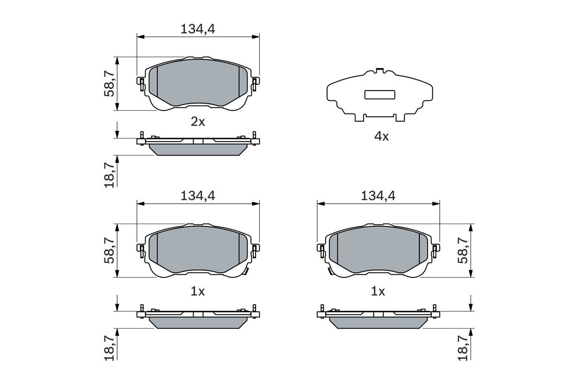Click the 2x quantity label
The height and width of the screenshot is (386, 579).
(x=198, y=122)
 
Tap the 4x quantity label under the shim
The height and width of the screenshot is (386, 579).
(x=381, y=136)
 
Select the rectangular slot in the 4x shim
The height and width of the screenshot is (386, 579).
(x=380, y=95)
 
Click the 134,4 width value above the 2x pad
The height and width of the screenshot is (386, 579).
(x=198, y=29)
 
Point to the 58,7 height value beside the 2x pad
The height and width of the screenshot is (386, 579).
(x=109, y=84)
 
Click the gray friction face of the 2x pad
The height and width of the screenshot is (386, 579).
(x=198, y=84)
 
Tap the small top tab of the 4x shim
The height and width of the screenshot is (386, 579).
(x=380, y=70)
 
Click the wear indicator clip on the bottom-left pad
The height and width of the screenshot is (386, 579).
(x=247, y=272)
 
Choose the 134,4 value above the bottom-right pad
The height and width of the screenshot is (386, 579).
(x=378, y=196)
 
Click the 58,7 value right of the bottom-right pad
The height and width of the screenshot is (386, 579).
(x=463, y=250)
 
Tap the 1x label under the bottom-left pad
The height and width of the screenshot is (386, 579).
(x=198, y=292)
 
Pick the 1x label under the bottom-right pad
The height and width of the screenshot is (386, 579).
(x=378, y=292)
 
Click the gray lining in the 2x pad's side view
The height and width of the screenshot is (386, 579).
(x=198, y=150)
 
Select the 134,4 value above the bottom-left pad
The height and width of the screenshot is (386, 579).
(x=198, y=196)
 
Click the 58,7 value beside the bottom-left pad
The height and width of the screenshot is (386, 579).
(x=109, y=250)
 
